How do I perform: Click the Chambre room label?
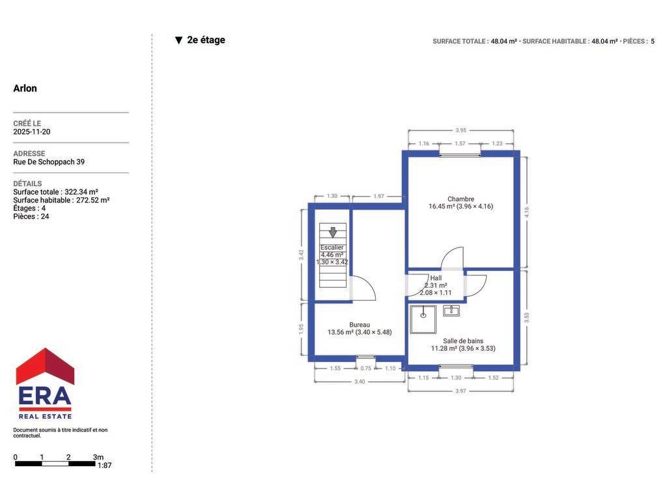click(461, 199)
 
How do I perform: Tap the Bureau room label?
click(360, 325)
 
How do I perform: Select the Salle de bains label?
click(463, 341)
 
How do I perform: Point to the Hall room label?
click(436, 278)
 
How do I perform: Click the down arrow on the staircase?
click(333, 232)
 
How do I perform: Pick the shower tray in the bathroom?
click(423, 319)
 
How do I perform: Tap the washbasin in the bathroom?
click(451, 311)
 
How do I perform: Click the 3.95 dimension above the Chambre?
click(461, 130)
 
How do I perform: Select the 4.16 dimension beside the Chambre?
click(526, 212)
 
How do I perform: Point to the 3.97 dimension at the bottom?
click(461, 391)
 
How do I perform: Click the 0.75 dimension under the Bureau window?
click(366, 368)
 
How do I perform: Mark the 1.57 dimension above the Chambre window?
click(460, 143)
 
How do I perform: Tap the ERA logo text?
click(45, 396)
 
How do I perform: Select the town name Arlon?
click(25, 89)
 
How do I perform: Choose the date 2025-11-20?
click(32, 132)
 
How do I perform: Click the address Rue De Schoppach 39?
click(49, 162)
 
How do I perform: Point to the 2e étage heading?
click(206, 40)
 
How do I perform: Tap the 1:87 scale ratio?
click(105, 465)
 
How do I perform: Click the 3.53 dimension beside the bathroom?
click(526, 318)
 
